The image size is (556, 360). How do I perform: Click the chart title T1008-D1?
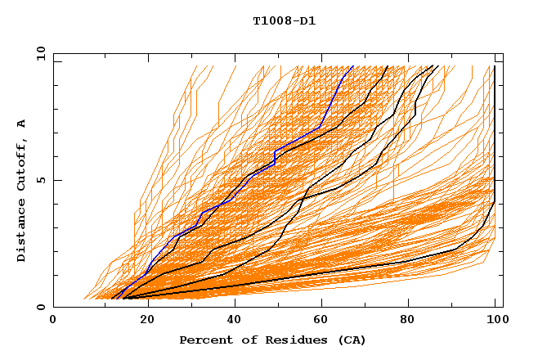(x=284, y=20)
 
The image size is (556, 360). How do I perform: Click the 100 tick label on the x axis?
(x=495, y=320)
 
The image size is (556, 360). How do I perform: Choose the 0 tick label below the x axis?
(x=54, y=320)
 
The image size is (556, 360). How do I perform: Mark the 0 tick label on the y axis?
(x=42, y=308)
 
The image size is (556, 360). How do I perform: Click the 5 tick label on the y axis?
(x=42, y=180)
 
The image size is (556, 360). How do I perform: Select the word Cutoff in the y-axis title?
(x=21, y=164)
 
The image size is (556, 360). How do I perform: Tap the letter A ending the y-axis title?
(x=21, y=124)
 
